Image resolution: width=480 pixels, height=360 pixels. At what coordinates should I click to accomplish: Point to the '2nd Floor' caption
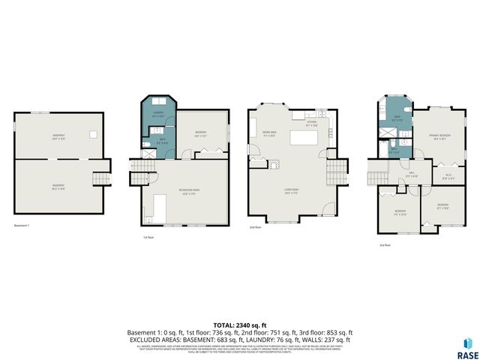[x=256, y=226]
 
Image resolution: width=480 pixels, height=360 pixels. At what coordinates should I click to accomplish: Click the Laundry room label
[x=157, y=115]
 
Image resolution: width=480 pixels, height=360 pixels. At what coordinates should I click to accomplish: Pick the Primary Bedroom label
[x=438, y=136]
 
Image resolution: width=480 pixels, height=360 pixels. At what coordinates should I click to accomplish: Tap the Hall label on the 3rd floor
[x=411, y=175]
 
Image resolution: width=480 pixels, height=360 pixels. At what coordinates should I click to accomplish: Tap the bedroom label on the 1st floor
[x=200, y=135]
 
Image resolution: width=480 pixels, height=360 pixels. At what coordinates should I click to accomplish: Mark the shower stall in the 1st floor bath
[x=149, y=152]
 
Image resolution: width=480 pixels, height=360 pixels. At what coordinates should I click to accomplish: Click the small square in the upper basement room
[x=92, y=134]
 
